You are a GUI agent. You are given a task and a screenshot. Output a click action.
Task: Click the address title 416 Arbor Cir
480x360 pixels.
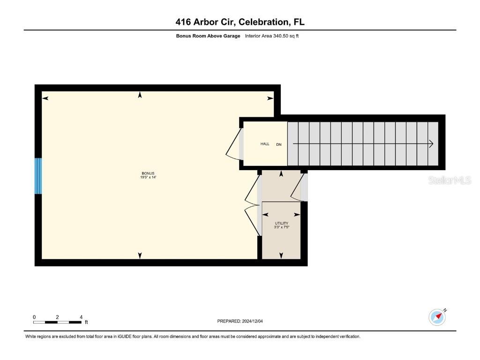240,22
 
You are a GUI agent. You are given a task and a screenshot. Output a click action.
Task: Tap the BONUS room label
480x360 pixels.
148,173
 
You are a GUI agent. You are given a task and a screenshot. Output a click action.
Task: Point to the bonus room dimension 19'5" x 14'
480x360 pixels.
148,177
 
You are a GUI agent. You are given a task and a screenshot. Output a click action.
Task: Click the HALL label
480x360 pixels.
265,144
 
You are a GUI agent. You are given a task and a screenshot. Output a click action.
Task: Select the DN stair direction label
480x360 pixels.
278,144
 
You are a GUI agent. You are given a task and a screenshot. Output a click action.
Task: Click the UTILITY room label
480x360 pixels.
281,223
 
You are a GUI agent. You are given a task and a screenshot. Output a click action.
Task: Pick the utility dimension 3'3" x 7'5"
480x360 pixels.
281,227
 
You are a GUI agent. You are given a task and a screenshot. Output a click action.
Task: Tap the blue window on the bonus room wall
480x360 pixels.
38,176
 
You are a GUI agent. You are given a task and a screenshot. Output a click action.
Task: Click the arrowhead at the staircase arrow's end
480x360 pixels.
431,144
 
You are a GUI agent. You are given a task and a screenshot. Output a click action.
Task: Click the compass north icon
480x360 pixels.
437,317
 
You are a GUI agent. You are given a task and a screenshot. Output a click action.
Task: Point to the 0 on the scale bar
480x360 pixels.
34,317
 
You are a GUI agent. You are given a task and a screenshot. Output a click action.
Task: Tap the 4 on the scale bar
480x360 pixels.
81,317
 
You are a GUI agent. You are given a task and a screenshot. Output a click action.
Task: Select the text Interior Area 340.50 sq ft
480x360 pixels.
272,36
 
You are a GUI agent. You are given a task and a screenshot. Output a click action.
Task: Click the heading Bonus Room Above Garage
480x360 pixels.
208,36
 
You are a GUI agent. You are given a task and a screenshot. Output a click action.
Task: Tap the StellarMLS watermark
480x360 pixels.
449,180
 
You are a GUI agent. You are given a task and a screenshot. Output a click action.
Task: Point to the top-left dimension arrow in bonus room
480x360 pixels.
45,98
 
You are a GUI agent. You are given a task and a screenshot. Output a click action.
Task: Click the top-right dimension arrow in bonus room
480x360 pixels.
270,98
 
